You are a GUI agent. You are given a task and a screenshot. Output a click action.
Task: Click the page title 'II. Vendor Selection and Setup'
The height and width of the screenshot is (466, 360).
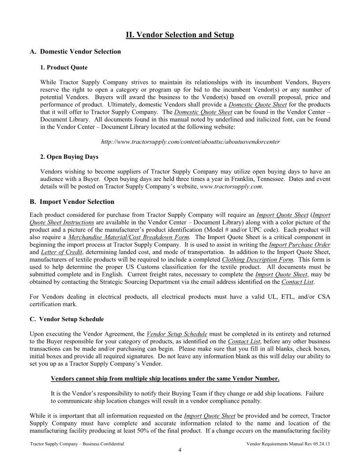(180, 34)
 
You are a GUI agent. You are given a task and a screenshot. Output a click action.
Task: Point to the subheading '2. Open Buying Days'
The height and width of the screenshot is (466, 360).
(69, 157)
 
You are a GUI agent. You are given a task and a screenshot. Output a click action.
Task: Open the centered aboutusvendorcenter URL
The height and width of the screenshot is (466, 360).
(191, 142)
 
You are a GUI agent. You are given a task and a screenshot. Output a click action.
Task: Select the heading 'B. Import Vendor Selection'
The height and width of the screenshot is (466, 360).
(71, 202)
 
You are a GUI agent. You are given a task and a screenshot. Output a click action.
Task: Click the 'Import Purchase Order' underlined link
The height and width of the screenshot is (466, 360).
(300, 244)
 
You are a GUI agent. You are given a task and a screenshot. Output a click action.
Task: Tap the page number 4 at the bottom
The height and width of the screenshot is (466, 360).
(180, 450)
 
